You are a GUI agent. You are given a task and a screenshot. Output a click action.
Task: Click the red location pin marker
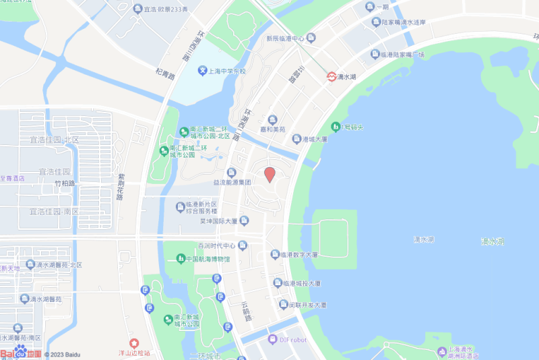[x=269, y=174]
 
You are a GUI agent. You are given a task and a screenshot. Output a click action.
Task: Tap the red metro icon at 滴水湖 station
[x=332, y=77]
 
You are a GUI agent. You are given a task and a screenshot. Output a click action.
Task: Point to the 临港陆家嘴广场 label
[x=402, y=55]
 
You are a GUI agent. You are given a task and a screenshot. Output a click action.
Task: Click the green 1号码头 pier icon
[x=336, y=126]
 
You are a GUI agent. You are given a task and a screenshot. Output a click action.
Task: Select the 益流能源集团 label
[x=232, y=182]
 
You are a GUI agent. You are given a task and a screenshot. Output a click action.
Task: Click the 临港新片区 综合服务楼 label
[x=200, y=208]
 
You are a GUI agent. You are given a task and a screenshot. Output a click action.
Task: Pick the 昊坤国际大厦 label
[x=218, y=220]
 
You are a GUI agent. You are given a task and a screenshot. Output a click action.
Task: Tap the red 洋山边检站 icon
[x=134, y=344]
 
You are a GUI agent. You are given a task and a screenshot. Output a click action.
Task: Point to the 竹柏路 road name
[x=65, y=183]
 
